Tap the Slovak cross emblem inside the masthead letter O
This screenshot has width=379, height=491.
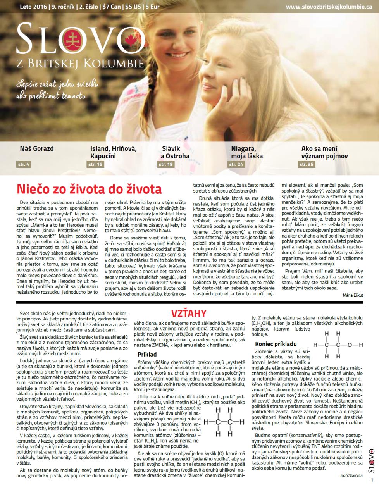pyautogui.click(x=71, y=39)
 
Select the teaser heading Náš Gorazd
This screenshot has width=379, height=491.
pyautogui.click(x=37, y=148)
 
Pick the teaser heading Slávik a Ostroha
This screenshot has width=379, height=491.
pyautogui.click(x=176, y=152)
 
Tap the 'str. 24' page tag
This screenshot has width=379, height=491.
pyautogui.click(x=236, y=165)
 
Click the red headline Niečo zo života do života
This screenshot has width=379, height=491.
pyautogui.click(x=89, y=189)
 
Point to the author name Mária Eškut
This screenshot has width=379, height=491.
pyautogui.click(x=353, y=295)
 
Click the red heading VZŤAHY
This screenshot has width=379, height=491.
pyautogui.click(x=189, y=314)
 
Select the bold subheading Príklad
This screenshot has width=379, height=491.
pyautogui.click(x=147, y=354)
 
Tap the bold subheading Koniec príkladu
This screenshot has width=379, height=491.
pyautogui.click(x=276, y=344)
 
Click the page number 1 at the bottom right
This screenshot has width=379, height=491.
pyautogui.click(x=372, y=480)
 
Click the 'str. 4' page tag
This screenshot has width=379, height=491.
pyautogui.click(x=24, y=165)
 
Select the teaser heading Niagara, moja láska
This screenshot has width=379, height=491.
pyautogui.click(x=247, y=152)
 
